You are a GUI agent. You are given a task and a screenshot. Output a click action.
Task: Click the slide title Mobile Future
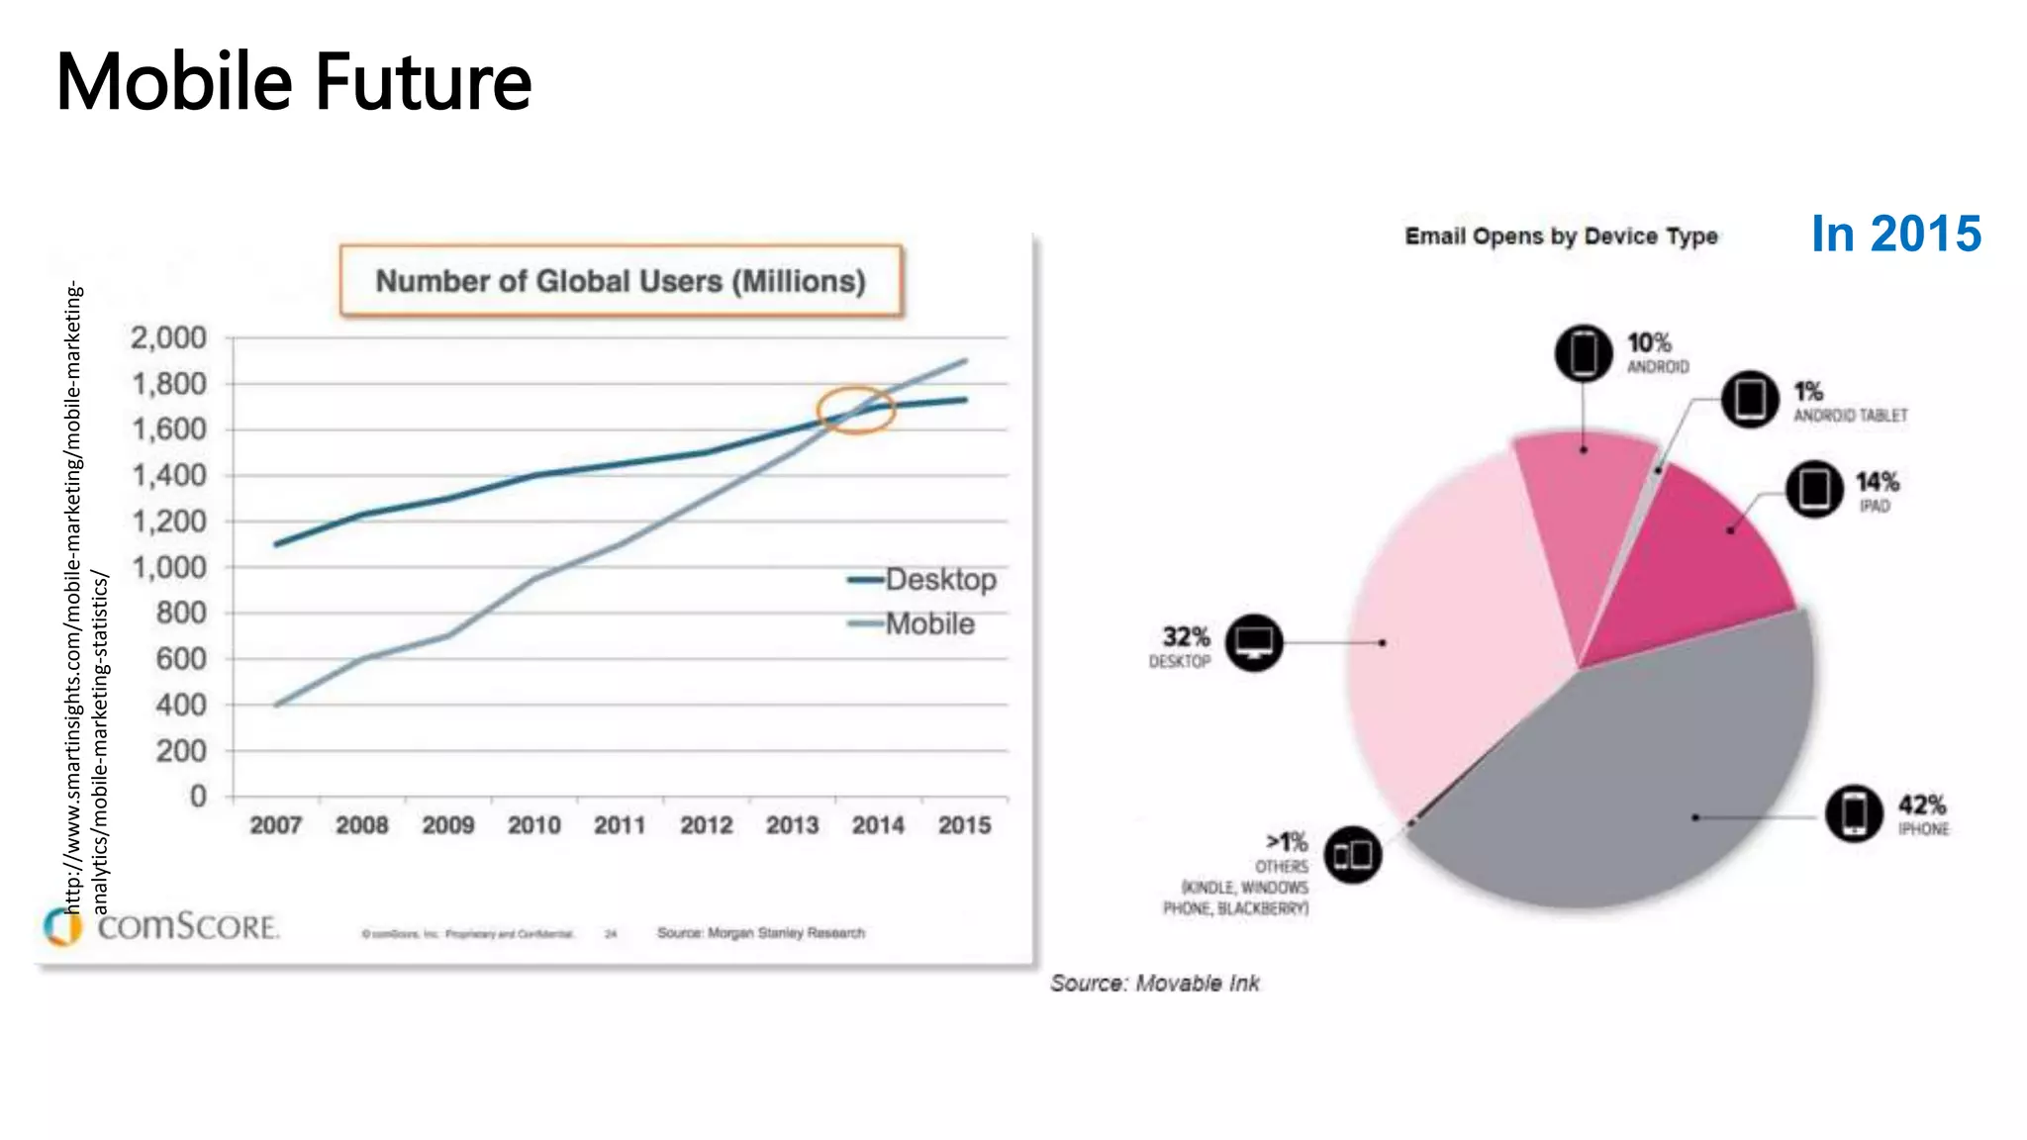click(294, 81)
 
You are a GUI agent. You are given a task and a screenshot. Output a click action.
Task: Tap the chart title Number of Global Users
click(621, 281)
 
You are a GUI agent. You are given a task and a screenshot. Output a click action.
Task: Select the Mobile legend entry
click(913, 623)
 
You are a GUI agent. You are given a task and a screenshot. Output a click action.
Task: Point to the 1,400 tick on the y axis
click(170, 476)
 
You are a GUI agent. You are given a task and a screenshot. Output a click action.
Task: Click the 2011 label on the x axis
click(620, 824)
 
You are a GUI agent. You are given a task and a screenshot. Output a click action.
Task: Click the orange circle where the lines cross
click(855, 410)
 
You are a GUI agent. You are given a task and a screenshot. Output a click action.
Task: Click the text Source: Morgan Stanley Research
click(760, 932)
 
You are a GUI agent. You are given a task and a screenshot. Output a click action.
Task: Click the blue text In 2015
click(1895, 235)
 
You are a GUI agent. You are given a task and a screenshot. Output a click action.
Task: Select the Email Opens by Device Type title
click(1561, 237)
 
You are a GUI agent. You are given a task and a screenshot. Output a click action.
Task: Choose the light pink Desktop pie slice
click(1445, 633)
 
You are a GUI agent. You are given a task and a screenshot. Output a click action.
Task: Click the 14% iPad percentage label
click(1877, 482)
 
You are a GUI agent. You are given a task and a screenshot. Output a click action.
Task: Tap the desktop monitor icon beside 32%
click(1254, 643)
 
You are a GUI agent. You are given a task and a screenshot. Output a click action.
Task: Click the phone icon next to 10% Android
click(1584, 352)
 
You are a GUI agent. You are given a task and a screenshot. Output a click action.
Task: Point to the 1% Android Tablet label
click(1849, 402)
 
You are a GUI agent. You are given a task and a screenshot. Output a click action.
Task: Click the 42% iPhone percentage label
click(1921, 805)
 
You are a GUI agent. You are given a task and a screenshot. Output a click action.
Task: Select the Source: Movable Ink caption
click(1154, 983)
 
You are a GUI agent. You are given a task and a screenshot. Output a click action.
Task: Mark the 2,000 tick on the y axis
click(169, 338)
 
